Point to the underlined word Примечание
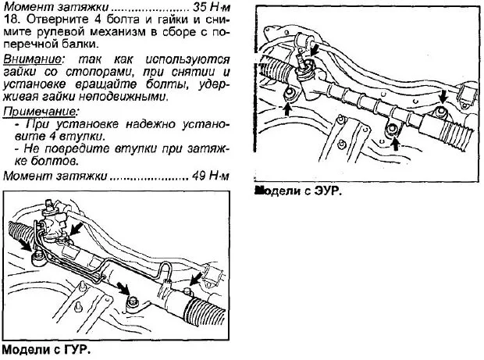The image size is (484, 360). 34,111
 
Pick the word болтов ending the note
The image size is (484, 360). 56,162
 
